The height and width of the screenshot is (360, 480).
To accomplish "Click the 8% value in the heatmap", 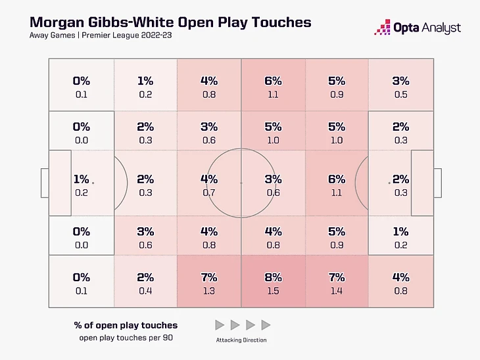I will pyautogui.click(x=273, y=277).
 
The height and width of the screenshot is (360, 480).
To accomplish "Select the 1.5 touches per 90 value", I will pyautogui.click(x=273, y=290).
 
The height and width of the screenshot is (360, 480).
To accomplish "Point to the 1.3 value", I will pyautogui.click(x=208, y=290).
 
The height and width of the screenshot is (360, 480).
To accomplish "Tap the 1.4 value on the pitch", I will pyautogui.click(x=336, y=290).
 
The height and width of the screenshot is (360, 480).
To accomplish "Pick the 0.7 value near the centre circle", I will pyautogui.click(x=208, y=192).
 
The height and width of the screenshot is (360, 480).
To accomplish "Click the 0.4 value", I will pyautogui.click(x=145, y=290).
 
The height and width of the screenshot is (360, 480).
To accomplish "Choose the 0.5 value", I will pyautogui.click(x=400, y=95).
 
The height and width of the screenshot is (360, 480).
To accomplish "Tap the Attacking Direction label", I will pyautogui.click(x=241, y=340).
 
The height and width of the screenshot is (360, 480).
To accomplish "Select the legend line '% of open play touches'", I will pyautogui.click(x=126, y=325).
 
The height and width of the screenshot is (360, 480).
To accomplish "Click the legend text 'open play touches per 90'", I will pyautogui.click(x=126, y=338).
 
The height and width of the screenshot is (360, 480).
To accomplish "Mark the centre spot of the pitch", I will pyautogui.click(x=241, y=183).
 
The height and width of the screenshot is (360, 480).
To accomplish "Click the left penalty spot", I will pyautogui.click(x=93, y=183).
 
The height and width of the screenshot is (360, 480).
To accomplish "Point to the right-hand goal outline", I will pyautogui.click(x=437, y=183).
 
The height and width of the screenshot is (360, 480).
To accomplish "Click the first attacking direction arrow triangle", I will pyautogui.click(x=220, y=325).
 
